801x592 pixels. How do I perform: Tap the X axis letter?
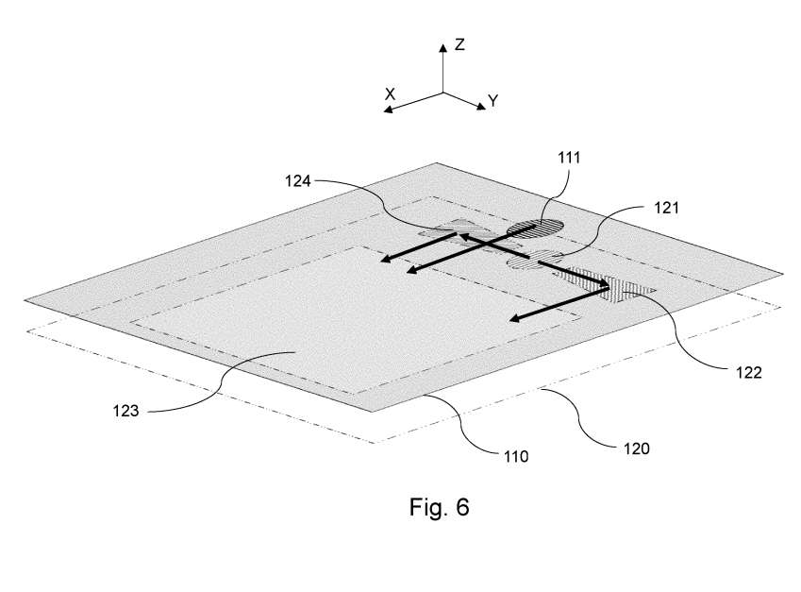click(x=389, y=93)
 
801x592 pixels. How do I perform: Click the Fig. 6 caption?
click(x=439, y=507)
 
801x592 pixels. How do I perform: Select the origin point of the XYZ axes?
click(x=442, y=93)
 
